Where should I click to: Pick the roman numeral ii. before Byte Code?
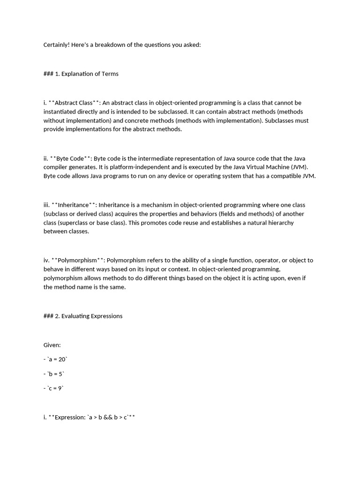pyautogui.click(x=46, y=158)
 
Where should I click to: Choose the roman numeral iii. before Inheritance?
pyautogui.click(x=47, y=205)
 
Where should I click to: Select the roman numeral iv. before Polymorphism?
pyautogui.click(x=47, y=260)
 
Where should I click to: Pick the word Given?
pyautogui.click(x=52, y=345)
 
